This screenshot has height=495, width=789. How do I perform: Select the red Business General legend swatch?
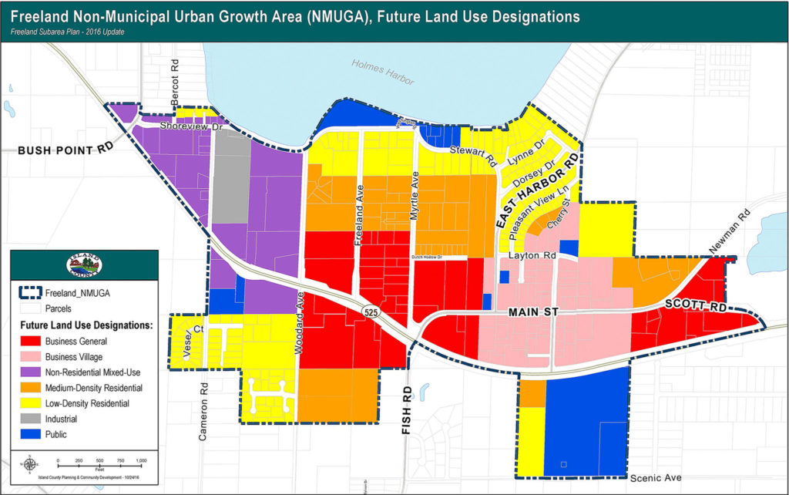coord(30,341)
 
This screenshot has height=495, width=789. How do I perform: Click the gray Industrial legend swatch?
coord(30,419)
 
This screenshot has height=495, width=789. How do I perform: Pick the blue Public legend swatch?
coord(30,434)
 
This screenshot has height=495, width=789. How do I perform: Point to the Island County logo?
coord(84,264)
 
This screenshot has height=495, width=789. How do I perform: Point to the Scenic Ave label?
coord(656,478)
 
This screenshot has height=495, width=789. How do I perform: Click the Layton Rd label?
coord(528,254)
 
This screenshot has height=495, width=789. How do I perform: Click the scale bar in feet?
coord(99,465)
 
